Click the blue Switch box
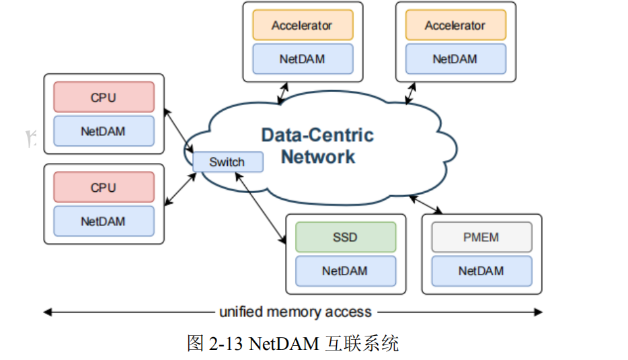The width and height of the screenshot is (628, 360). (227, 162)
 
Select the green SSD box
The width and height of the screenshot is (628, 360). (346, 238)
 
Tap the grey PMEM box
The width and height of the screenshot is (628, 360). (481, 238)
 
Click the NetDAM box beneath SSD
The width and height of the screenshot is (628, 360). (346, 271)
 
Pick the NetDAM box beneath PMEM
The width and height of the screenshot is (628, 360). (481, 271)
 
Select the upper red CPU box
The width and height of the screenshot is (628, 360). (104, 98)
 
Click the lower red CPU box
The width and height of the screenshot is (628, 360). (104, 188)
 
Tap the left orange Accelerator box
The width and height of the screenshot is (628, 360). (302, 26)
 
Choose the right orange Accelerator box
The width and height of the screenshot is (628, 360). (455, 26)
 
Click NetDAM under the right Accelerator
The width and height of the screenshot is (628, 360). (455, 59)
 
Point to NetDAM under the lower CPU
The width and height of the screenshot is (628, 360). (104, 221)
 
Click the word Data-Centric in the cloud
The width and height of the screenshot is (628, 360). (317, 135)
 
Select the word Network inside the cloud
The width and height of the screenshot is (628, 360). (318, 157)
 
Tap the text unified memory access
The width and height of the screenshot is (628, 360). (295, 312)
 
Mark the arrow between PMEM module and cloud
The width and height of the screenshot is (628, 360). (425, 204)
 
